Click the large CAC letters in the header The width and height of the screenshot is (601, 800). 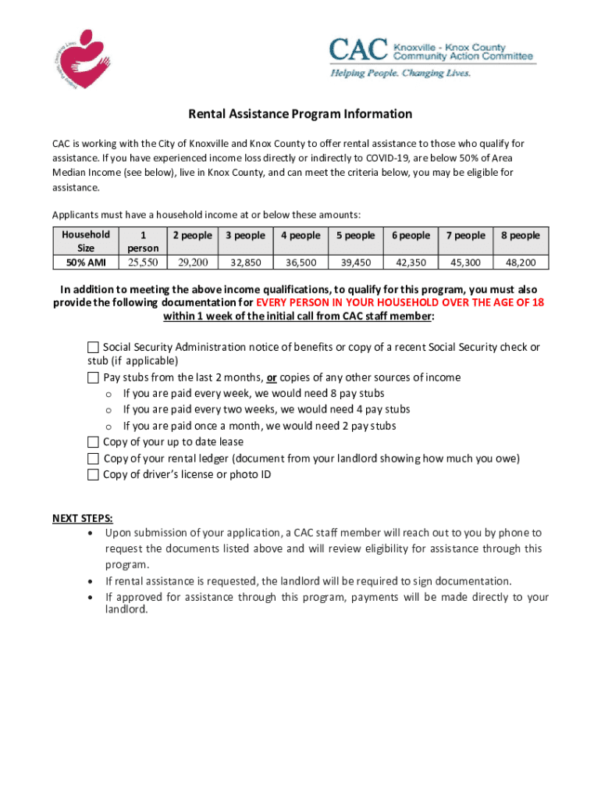coord(358,50)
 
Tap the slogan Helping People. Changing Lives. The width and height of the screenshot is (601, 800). coord(400,73)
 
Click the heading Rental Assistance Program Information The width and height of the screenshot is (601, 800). coord(300,114)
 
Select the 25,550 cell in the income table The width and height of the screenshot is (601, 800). coord(143,262)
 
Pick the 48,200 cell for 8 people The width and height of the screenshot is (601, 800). coord(520,262)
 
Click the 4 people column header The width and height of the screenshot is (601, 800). coord(300,235)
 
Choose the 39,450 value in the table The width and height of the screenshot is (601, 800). coord(356,262)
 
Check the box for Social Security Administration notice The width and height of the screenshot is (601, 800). coord(94,347)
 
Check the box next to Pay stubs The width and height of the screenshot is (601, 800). coord(94,377)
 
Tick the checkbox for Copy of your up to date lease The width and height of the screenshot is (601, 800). coord(94,442)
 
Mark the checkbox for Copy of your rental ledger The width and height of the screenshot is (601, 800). coord(94,459)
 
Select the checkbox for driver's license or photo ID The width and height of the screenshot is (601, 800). coord(94,474)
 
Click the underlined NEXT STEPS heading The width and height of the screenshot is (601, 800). coord(82,518)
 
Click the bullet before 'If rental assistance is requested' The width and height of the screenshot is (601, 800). coord(93,581)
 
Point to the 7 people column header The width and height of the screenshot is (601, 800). coord(465,235)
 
